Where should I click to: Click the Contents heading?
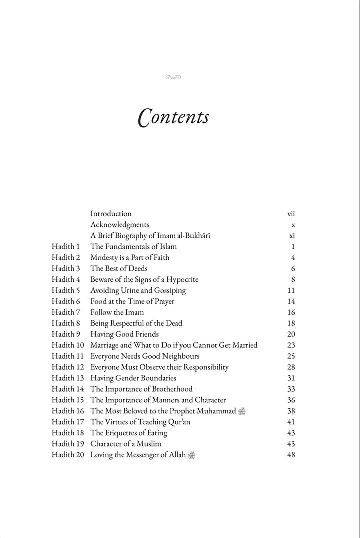click(x=173, y=117)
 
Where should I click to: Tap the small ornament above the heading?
click(x=172, y=77)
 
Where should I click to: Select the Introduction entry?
click(x=111, y=214)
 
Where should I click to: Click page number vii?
click(x=291, y=214)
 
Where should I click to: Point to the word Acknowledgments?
click(x=120, y=225)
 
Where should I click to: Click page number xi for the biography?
click(x=292, y=236)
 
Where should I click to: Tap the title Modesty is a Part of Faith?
click(x=130, y=258)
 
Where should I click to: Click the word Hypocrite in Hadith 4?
click(x=181, y=279)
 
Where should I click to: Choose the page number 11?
click(x=291, y=290)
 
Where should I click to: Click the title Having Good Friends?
click(x=124, y=334)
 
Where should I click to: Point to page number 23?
click(x=291, y=345)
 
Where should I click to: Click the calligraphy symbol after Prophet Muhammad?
click(x=243, y=411)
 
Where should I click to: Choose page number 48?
click(x=291, y=455)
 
